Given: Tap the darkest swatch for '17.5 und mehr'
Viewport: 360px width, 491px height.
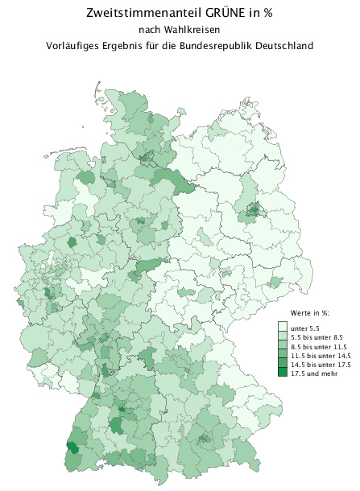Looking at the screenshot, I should (x=283, y=372).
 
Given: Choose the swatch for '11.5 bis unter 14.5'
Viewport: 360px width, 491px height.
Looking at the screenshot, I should (x=283, y=354).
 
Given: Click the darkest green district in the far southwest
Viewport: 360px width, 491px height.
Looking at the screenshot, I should (x=72, y=448).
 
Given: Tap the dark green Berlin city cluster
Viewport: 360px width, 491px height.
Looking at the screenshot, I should (x=253, y=211).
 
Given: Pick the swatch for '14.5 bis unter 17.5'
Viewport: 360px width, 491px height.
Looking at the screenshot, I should (x=283, y=363).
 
